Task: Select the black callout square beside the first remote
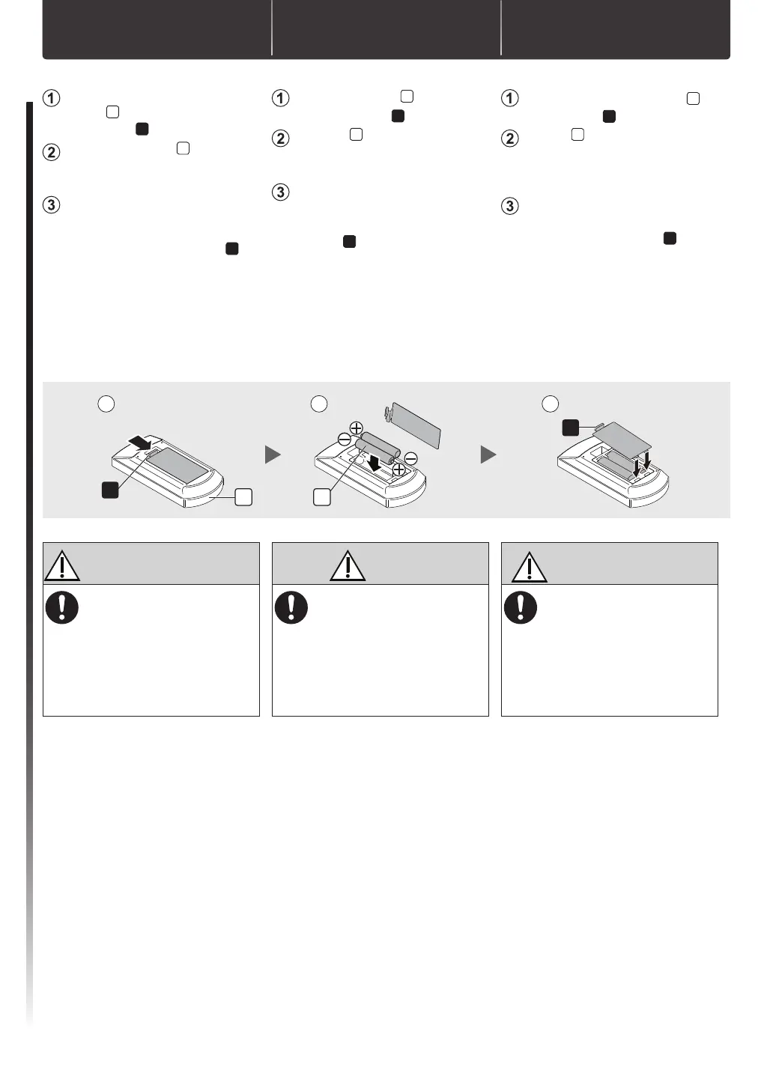[110, 490]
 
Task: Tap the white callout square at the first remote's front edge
[243, 496]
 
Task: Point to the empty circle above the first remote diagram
[106, 404]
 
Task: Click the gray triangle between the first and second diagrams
[273, 455]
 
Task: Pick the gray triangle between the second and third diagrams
[488, 455]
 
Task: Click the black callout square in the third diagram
[571, 428]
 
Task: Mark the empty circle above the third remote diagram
[551, 404]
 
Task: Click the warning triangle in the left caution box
[62, 567]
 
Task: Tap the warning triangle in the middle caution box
[348, 567]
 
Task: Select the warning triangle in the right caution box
[530, 567]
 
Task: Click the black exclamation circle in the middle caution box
[291, 607]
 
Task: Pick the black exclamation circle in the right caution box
[521, 607]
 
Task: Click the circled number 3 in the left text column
[51, 205]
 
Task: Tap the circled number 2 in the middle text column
[280, 139]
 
